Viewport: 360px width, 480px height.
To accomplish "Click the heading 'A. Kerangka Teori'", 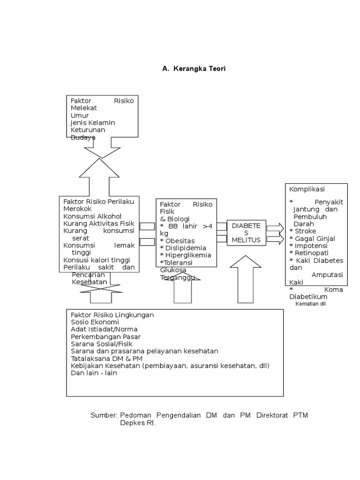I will (194, 68).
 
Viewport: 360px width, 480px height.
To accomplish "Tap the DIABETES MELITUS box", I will (246, 233).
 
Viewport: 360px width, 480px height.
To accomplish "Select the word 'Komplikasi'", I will (307, 189).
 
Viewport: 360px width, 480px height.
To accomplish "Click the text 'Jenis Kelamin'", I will (93, 122).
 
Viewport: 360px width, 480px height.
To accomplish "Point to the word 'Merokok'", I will (78, 209).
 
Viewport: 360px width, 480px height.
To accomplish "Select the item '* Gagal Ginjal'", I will (312, 238).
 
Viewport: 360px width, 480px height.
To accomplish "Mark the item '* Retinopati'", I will (309, 253).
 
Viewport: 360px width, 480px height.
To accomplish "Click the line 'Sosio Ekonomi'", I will (95, 322).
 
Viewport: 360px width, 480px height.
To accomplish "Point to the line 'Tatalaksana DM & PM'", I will (107, 359).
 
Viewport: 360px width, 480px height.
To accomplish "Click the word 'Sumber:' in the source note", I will (104, 416).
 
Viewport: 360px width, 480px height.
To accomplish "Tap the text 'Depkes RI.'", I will (138, 423).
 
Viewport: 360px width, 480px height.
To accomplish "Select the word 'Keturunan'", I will (88, 130).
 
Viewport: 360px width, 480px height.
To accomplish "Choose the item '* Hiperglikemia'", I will (185, 255).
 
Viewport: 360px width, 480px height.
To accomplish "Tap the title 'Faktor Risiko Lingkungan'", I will (112, 315).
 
